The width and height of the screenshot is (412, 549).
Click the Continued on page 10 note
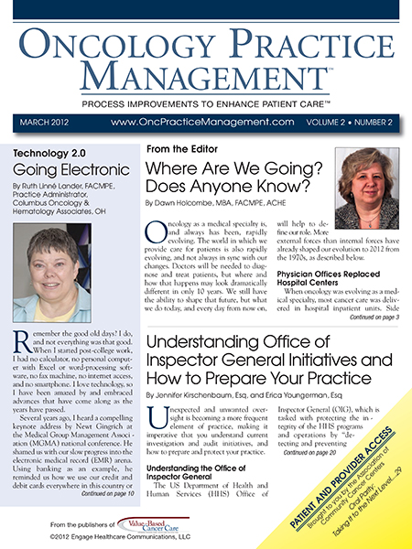[x=93, y=519]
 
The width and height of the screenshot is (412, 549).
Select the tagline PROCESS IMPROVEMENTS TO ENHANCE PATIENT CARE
[x=206, y=94]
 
